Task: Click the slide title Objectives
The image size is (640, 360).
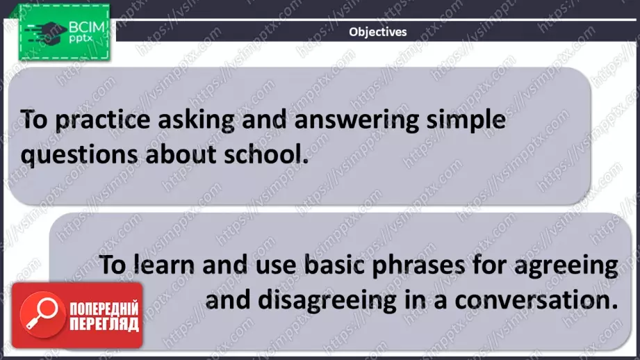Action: (377, 31)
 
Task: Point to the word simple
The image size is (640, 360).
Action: (466, 121)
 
